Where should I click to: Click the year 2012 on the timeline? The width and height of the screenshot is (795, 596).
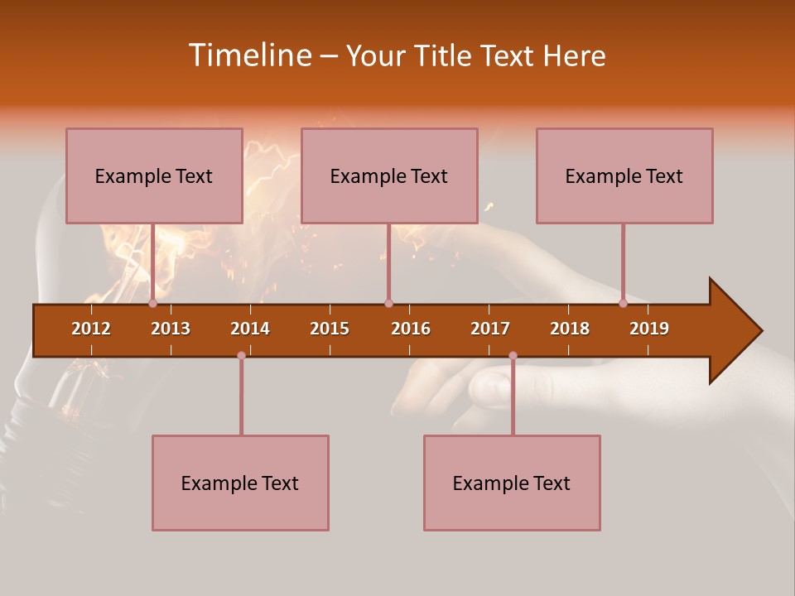(x=91, y=329)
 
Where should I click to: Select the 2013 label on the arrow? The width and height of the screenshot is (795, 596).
(x=171, y=329)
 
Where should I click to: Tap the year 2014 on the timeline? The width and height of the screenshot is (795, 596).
(x=250, y=329)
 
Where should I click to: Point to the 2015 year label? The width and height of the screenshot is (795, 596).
(x=330, y=329)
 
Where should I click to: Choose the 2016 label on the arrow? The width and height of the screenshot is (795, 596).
(x=411, y=329)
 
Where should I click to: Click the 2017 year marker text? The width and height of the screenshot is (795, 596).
(x=490, y=329)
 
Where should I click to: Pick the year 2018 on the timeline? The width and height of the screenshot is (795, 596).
(x=570, y=329)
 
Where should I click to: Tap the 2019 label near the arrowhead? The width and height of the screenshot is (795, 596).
(x=649, y=329)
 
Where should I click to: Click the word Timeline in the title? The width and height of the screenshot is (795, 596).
(x=248, y=55)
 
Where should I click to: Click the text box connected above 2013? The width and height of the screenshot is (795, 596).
(x=154, y=175)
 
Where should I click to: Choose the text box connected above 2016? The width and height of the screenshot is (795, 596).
(x=389, y=175)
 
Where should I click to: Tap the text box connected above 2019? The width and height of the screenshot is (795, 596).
(x=624, y=175)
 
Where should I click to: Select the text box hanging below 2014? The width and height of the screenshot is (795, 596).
(x=240, y=483)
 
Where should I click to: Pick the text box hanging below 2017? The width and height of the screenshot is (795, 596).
(x=512, y=483)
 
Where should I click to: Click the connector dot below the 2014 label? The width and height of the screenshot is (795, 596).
(x=241, y=355)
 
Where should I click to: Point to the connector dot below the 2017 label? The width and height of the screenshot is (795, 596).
(x=513, y=355)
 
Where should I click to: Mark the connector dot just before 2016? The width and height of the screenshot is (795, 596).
(x=388, y=303)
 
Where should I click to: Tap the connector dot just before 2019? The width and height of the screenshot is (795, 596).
(x=623, y=303)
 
